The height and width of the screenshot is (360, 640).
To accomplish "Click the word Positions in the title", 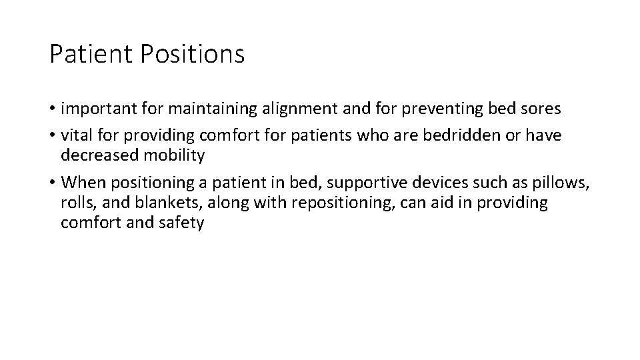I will click(193, 55).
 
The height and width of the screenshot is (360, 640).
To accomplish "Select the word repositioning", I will click(323, 203).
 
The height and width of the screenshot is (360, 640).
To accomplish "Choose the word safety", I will click(182, 223).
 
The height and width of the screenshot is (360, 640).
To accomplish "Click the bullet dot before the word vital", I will click(53, 135).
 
